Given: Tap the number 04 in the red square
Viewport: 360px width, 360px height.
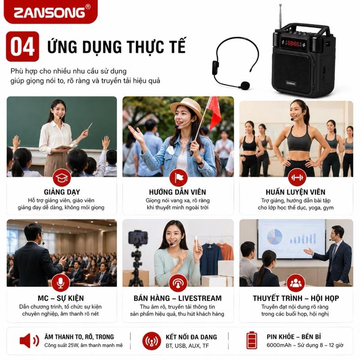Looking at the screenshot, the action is pyautogui.click(x=22, y=47).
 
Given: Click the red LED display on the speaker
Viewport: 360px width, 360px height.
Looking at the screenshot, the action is pyautogui.click(x=293, y=43).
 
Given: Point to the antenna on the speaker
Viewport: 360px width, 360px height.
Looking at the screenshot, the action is pyautogui.click(x=280, y=17).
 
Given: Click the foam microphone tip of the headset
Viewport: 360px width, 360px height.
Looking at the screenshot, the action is pyautogui.click(x=245, y=85).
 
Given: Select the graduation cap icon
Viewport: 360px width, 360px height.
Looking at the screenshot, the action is pyautogui.click(x=62, y=178).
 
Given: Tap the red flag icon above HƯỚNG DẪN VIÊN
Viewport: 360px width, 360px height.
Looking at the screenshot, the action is pyautogui.click(x=178, y=178).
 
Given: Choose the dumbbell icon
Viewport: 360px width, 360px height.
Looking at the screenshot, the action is pyautogui.click(x=297, y=177).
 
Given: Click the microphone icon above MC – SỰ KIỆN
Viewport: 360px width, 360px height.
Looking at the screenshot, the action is pyautogui.click(x=61, y=283).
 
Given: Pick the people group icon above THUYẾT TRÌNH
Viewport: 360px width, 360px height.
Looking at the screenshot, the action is pyautogui.click(x=296, y=283).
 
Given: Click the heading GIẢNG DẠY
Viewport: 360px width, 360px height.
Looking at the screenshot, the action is pyautogui.click(x=62, y=192).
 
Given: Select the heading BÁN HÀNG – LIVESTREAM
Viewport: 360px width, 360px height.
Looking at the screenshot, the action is pyautogui.click(x=178, y=298).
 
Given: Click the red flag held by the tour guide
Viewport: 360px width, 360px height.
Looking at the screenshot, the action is pyautogui.click(x=214, y=112).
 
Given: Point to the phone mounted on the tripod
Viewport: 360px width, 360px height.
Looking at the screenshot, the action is pyautogui.click(x=138, y=238).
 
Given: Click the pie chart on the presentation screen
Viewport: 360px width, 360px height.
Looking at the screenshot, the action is pyautogui.click(x=274, y=237).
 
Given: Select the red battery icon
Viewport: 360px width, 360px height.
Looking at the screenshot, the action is pyautogui.click(x=252, y=340).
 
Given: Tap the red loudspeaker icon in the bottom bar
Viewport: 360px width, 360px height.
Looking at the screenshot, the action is pyautogui.click(x=29, y=341).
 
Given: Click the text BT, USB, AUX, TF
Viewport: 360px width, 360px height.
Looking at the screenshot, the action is pyautogui.click(x=187, y=346).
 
